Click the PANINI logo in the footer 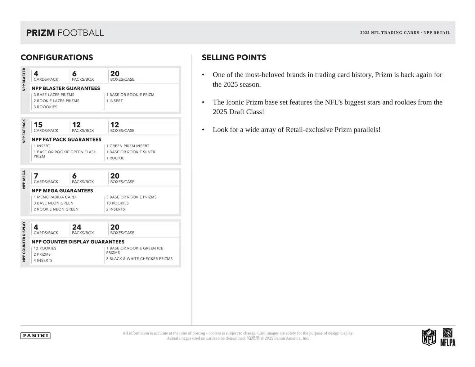coord(35,335)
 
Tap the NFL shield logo coord(429,337)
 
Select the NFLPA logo coord(448,337)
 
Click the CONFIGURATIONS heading coord(57,57)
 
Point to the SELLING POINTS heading coord(234,57)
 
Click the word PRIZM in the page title coord(40,33)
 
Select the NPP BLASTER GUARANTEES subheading coord(66,88)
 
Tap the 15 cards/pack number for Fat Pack coord(38,125)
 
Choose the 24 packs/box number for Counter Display coord(77,227)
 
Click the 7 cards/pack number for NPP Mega coord(36,176)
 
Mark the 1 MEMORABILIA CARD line coord(55,197)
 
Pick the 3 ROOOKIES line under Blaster coord(45,107)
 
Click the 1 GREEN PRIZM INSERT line coord(128,146)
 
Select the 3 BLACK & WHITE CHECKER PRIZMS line coord(139,259)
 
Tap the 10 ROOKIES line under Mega coord(117,203)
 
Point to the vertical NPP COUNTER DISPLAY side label coord(24,241)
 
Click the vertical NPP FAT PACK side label coord(24,131)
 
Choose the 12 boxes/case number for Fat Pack coord(114,125)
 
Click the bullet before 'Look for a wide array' coord(203,130)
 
